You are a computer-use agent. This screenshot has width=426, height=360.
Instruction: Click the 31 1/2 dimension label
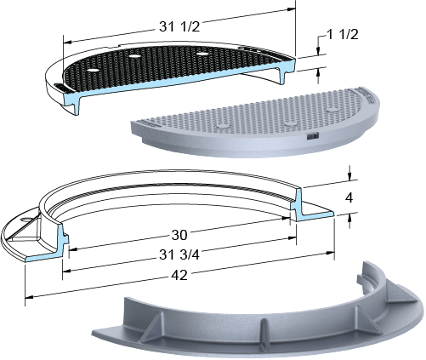click(x=179, y=27)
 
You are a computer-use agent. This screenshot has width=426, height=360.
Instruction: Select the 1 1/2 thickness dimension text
click(x=343, y=35)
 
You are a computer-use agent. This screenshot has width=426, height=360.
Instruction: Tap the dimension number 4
click(x=349, y=197)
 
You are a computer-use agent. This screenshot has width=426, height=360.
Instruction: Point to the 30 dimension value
click(x=179, y=235)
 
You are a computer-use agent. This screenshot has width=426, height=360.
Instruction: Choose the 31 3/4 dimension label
click(x=179, y=255)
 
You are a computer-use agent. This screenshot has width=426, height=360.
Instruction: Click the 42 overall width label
click(x=179, y=275)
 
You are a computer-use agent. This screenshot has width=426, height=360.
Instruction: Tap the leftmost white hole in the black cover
click(x=93, y=70)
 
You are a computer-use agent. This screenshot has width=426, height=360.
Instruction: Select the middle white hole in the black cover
click(x=134, y=56)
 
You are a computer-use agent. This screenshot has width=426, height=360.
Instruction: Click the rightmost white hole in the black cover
click(x=202, y=54)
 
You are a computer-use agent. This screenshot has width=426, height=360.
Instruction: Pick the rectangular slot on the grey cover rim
click(x=312, y=136)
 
